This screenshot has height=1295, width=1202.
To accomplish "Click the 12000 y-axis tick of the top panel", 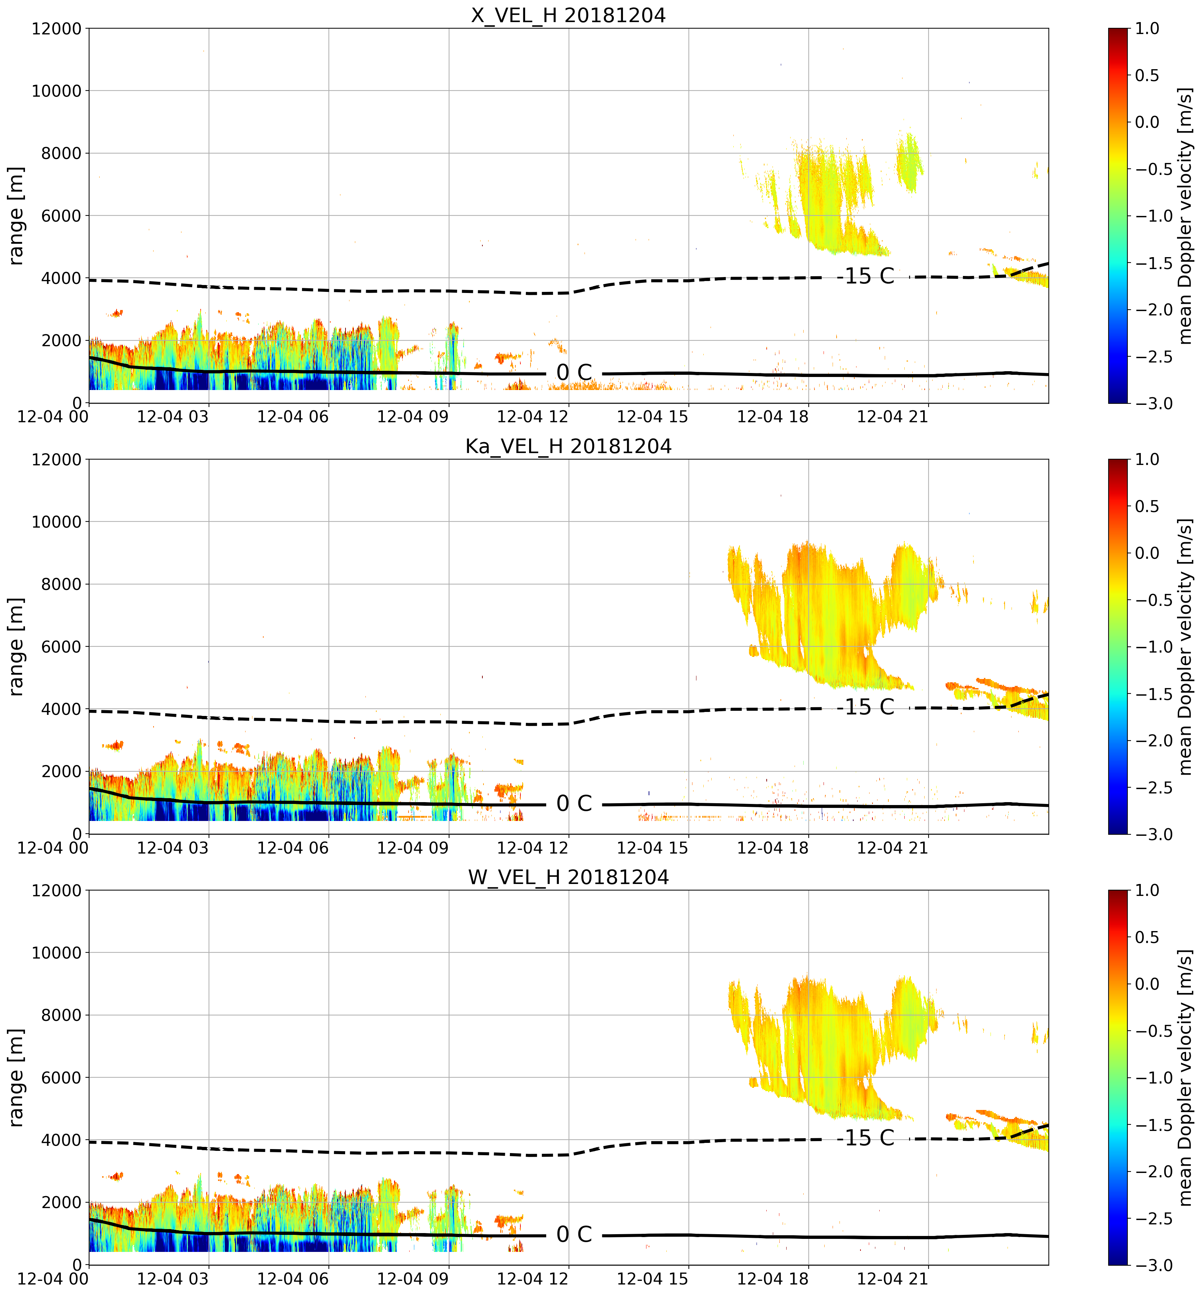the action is (x=56, y=29).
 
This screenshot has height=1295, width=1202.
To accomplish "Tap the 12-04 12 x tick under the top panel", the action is (x=533, y=416).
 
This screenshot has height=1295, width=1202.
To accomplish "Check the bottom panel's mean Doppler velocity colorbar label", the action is (x=1185, y=1078).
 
